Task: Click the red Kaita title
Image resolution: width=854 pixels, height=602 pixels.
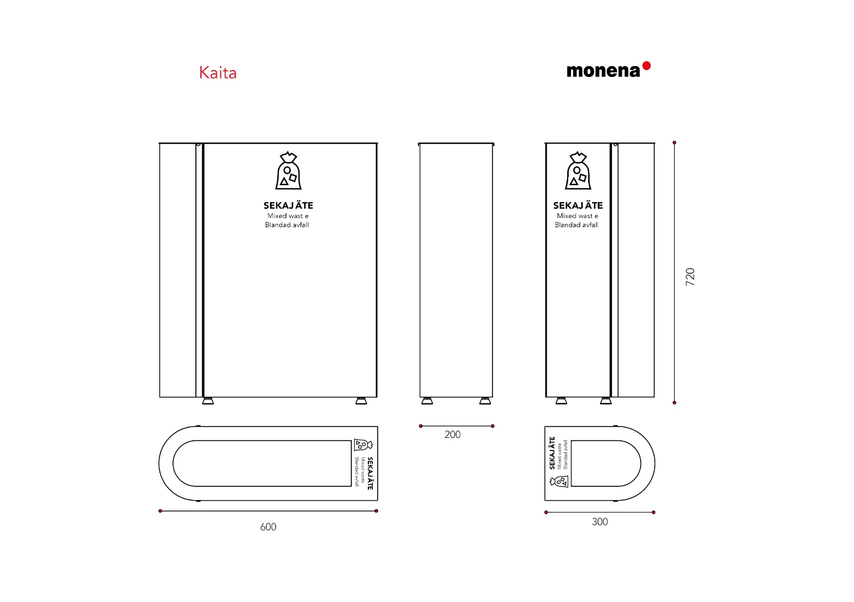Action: click(x=217, y=72)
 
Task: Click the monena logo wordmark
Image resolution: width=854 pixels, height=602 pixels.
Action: click(x=603, y=71)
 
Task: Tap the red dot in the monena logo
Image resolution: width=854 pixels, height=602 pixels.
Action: click(x=647, y=65)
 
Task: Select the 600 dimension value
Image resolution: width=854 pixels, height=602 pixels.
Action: click(x=268, y=527)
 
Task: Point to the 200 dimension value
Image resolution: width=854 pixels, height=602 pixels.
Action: click(x=453, y=435)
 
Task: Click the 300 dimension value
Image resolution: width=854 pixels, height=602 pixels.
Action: click(x=600, y=522)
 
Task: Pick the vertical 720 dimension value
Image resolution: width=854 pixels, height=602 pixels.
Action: click(x=690, y=277)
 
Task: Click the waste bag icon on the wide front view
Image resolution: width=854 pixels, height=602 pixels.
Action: click(x=288, y=170)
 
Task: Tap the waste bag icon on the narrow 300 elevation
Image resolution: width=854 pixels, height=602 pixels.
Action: click(x=578, y=170)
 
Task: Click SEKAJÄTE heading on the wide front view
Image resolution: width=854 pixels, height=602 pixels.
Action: click(x=288, y=206)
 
